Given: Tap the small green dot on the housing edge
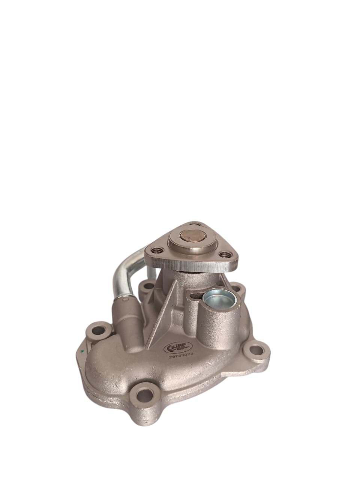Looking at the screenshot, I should [x=82, y=352].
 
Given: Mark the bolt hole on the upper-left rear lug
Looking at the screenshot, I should [x=145, y=286].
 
